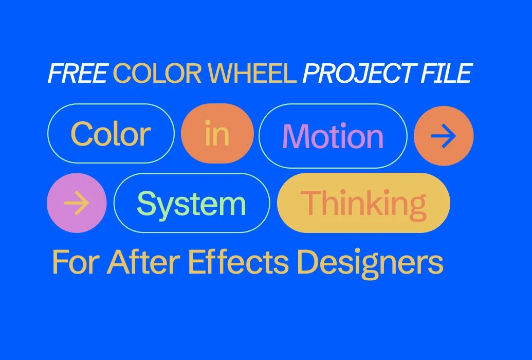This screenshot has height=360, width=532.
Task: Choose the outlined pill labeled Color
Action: tap(111, 134)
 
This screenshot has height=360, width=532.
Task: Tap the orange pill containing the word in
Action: tap(217, 134)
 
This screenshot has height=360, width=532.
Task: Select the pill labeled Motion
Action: tap(333, 136)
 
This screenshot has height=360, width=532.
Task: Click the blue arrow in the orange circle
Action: tap(444, 136)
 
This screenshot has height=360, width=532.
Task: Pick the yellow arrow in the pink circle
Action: tap(77, 204)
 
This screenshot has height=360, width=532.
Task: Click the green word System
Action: tap(191, 204)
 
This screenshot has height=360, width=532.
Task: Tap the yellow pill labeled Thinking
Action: tap(363, 204)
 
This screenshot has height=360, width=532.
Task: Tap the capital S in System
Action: tap(146, 204)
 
